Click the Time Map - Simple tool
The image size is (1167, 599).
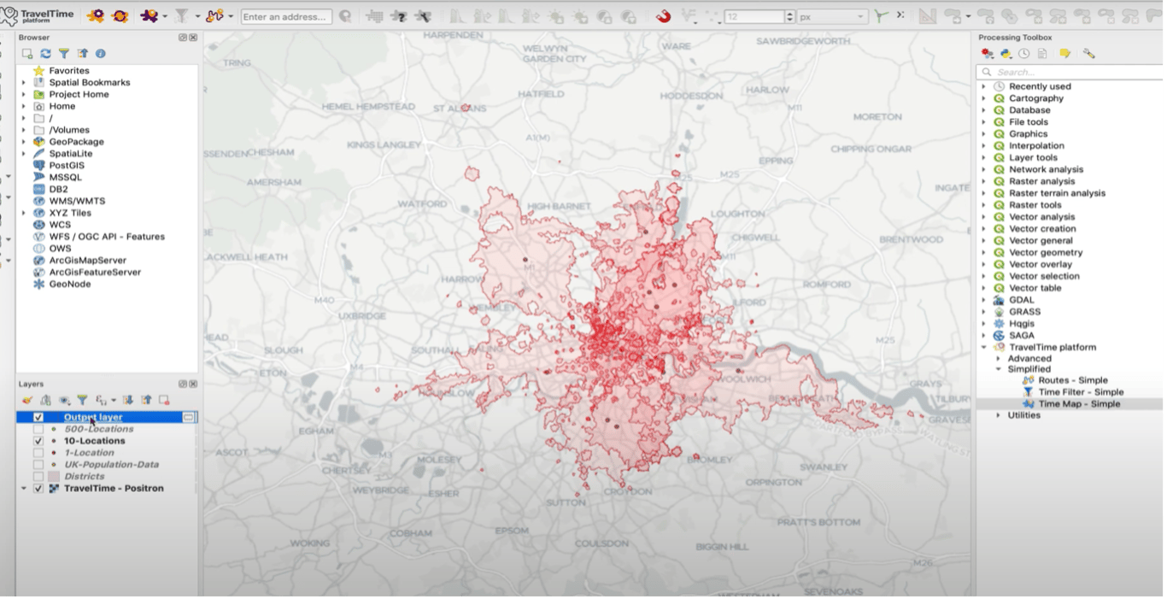point(1079,404)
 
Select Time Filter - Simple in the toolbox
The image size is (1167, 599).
point(1081,392)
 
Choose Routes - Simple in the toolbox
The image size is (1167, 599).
point(1073,380)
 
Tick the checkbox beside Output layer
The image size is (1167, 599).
point(38,417)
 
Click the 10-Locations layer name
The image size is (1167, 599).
point(94,441)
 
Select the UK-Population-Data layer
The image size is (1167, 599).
point(111,465)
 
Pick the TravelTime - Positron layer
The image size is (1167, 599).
point(114,489)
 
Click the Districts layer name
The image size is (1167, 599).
point(84,477)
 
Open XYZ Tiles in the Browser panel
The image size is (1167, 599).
point(70,213)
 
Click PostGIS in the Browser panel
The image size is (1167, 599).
point(67,166)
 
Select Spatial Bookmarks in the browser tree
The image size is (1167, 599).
point(90,83)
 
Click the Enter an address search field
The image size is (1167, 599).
point(286,16)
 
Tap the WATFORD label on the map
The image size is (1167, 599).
point(422,205)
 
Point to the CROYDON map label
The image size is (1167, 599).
point(628,492)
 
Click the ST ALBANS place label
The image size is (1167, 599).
point(453,109)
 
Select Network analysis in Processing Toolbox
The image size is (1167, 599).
point(1046,169)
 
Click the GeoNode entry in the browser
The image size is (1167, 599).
point(69,284)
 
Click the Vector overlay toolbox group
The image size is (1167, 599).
point(1040,264)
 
